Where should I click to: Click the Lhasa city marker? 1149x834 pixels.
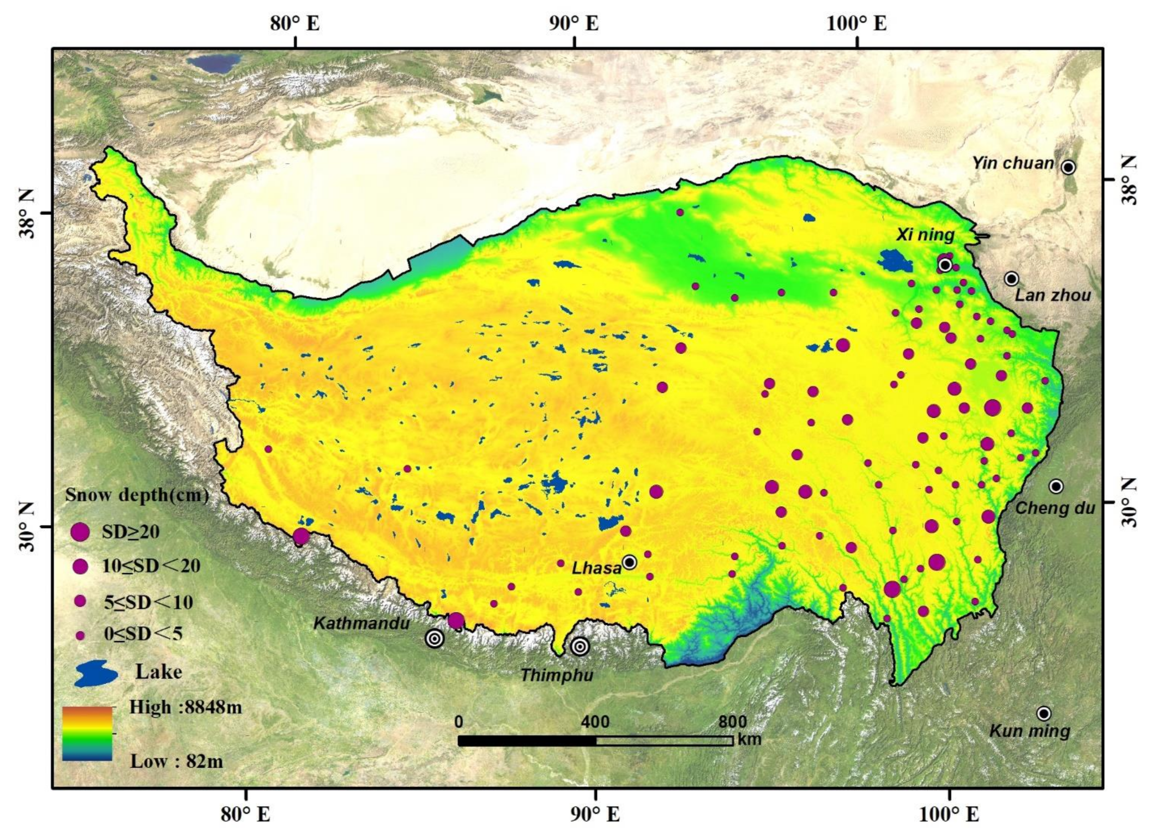629,563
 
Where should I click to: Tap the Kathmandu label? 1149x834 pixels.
361,624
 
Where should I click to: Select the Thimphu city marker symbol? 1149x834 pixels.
579,646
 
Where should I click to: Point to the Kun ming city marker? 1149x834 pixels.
1043,713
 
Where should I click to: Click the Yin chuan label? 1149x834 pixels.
1013,163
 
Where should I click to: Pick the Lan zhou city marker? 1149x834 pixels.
1011,278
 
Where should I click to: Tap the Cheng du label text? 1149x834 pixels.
1054,508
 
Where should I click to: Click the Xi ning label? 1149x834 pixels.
925,235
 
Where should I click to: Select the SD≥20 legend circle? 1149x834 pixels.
80,532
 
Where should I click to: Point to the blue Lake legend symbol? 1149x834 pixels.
96,673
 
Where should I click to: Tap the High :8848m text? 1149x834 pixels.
185,707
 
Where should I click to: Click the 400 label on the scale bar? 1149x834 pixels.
595,722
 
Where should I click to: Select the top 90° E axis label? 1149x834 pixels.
573,24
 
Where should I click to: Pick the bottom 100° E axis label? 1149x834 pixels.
949,814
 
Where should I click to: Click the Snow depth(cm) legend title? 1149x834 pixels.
137,495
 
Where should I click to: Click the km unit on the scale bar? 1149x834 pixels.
749,739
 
